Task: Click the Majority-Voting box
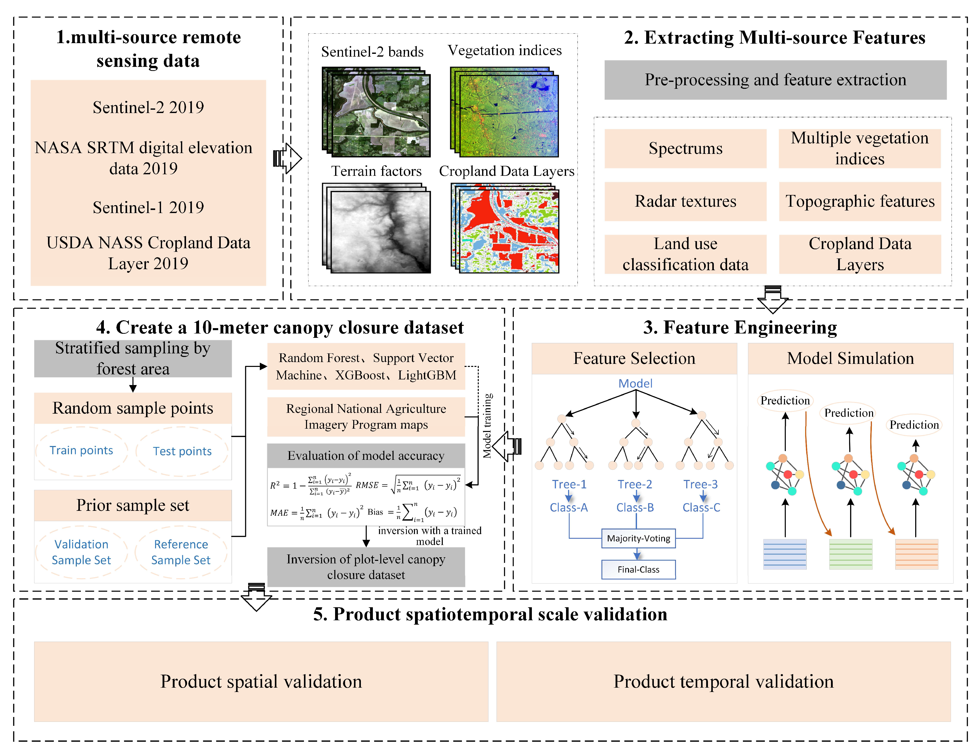[638, 538]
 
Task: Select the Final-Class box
[638, 569]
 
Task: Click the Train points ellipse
[81, 450]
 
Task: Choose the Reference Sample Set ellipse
[181, 552]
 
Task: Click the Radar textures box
[685, 201]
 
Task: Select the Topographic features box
[860, 201]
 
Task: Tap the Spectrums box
[685, 148]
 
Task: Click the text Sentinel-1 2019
[148, 207]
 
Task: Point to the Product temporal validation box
[723, 682]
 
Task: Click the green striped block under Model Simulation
[850, 554]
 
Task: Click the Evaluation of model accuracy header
[366, 456]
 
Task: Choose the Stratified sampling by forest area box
[133, 358]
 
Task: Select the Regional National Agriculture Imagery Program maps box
[366, 416]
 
